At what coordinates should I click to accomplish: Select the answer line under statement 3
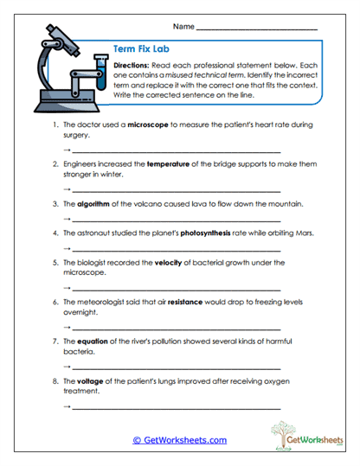click(x=177, y=220)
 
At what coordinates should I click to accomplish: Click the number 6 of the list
click(x=55, y=303)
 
